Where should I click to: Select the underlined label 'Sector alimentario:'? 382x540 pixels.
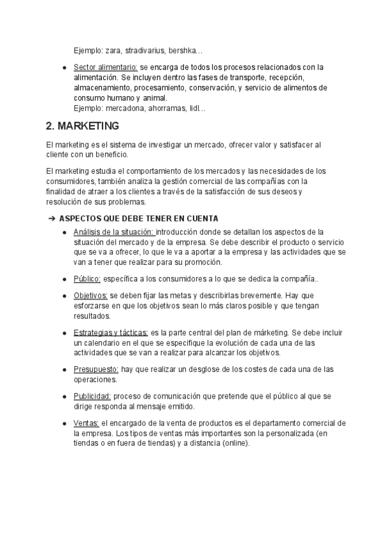click(x=106, y=67)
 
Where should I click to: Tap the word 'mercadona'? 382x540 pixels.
click(x=126, y=108)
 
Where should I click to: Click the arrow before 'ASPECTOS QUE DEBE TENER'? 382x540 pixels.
click(x=52, y=218)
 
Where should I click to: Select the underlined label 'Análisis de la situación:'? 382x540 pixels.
click(x=114, y=231)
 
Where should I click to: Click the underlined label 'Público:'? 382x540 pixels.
click(x=87, y=279)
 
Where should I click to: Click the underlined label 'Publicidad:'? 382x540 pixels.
click(x=93, y=396)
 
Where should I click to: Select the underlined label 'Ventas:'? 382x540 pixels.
click(x=86, y=423)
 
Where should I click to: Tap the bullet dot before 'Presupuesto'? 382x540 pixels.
click(x=64, y=369)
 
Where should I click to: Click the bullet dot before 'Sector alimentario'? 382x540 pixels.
click(x=64, y=67)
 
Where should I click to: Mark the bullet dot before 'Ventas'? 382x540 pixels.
click(x=64, y=423)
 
